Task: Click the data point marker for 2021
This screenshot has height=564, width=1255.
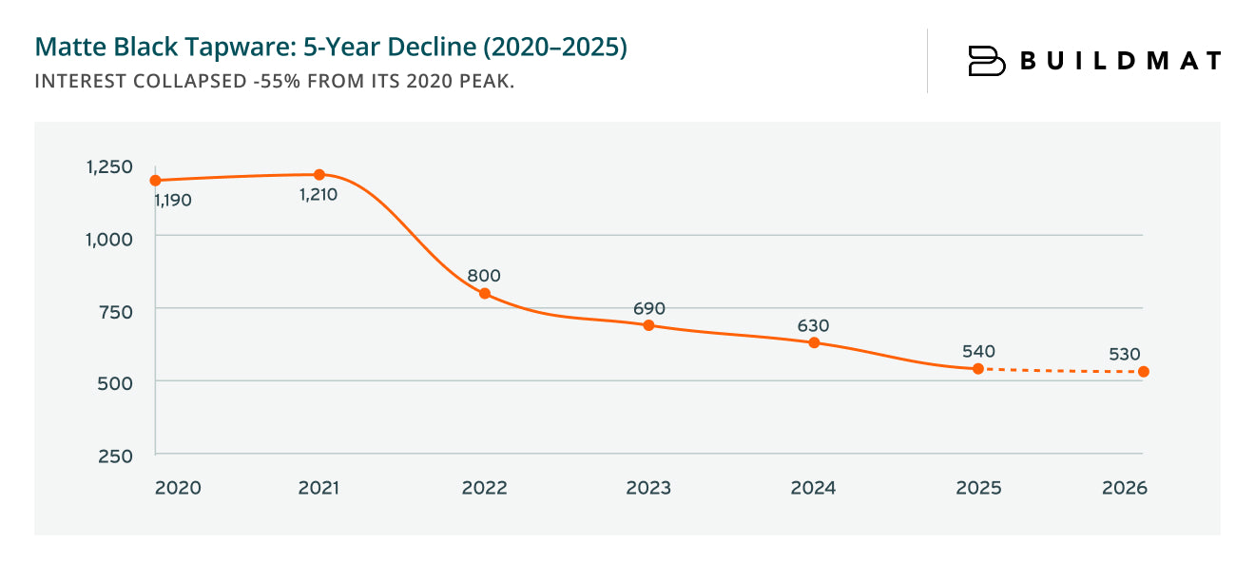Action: point(319,175)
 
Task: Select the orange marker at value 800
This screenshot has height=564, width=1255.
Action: point(485,294)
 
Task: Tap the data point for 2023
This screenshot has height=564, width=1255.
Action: point(649,325)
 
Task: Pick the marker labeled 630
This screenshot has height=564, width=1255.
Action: point(814,342)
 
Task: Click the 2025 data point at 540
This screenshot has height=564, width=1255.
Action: point(978,369)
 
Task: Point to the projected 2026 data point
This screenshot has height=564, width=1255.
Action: point(1144,372)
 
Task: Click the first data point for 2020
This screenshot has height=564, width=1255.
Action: point(155,181)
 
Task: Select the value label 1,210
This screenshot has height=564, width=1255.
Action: point(318,195)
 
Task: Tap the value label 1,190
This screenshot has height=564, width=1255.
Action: point(172,202)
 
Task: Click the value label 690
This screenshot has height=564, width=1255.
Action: point(649,308)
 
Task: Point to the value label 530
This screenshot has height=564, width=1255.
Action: point(1124,355)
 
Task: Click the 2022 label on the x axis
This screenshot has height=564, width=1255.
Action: point(484,488)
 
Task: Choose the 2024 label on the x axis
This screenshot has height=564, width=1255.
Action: point(813,488)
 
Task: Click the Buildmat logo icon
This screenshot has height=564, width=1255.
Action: point(986,61)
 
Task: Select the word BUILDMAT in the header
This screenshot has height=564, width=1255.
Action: point(1120,61)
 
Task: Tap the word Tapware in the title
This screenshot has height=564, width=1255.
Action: point(232,48)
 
